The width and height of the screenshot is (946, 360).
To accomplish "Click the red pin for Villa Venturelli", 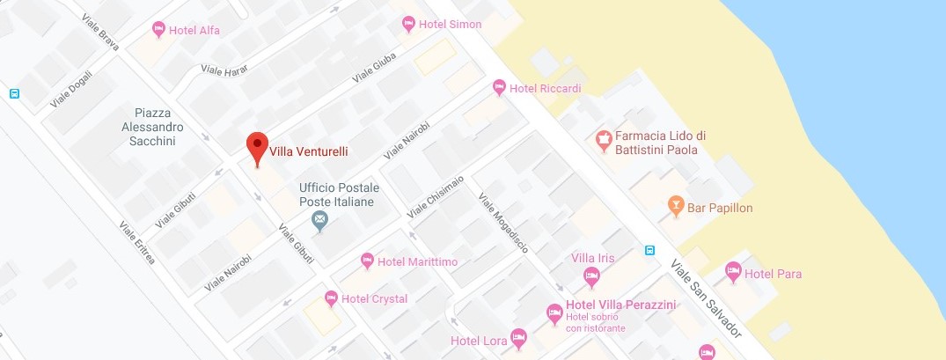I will click(x=256, y=147).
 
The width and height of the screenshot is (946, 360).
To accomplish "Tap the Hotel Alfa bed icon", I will click(x=158, y=30).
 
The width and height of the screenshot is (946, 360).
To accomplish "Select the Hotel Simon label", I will click(x=450, y=25).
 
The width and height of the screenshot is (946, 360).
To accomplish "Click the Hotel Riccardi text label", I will click(x=545, y=88).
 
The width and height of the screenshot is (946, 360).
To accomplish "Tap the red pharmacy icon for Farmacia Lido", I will click(x=603, y=139).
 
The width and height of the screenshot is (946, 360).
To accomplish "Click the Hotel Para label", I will click(x=773, y=274).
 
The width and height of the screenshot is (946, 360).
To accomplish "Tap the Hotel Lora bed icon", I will click(x=518, y=338).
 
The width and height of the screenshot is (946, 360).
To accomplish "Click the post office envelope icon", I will click(x=320, y=217).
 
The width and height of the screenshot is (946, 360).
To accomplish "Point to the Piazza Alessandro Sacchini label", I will click(x=159, y=127).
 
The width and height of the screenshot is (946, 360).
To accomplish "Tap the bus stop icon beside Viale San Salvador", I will click(x=649, y=249).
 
